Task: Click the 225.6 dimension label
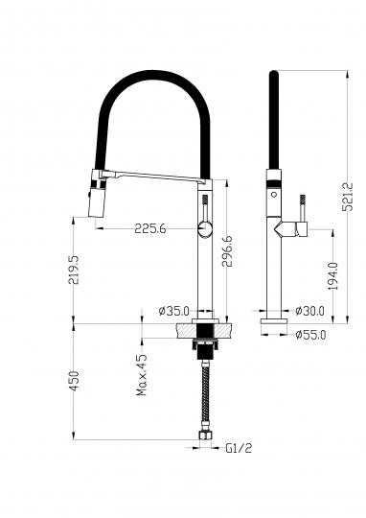tap(150, 228)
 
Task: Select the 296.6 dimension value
tap(227, 251)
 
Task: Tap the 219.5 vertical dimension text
tap(73, 270)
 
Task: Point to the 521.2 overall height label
tap(348, 197)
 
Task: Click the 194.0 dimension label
tap(333, 276)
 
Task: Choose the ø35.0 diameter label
tap(174, 311)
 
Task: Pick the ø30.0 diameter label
tap(309, 311)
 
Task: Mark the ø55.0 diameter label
tap(310, 335)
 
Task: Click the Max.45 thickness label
tap(142, 375)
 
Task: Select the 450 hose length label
tap(73, 381)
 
